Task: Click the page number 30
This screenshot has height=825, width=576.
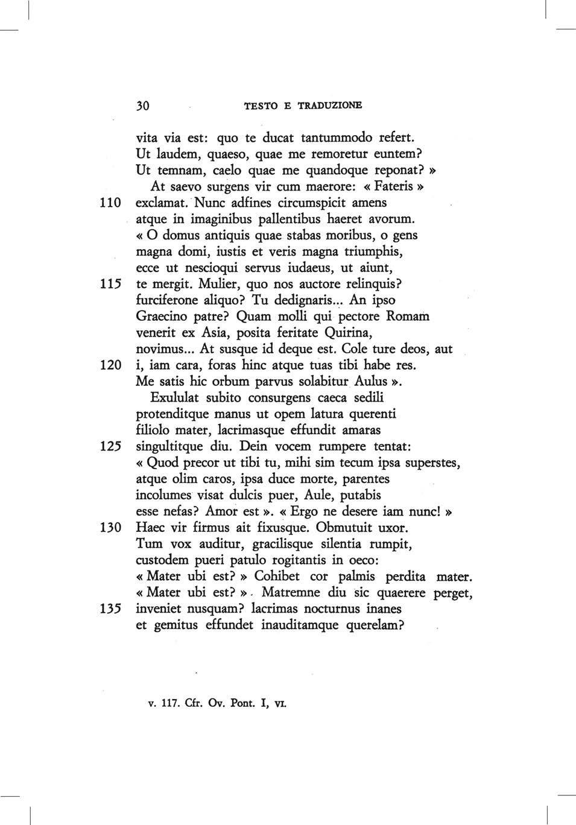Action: click(x=143, y=106)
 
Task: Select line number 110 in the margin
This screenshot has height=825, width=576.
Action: click(x=110, y=202)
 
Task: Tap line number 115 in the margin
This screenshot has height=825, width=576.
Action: click(x=110, y=284)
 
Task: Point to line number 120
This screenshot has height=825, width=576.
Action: click(x=110, y=365)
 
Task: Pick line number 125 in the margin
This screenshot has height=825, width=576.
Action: click(x=110, y=447)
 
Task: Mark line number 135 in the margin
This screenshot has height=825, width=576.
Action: click(x=110, y=609)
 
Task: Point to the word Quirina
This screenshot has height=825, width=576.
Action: click(x=348, y=333)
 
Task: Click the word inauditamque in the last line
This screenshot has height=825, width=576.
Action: click(x=300, y=625)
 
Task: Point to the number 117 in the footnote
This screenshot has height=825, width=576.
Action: click(x=169, y=703)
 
